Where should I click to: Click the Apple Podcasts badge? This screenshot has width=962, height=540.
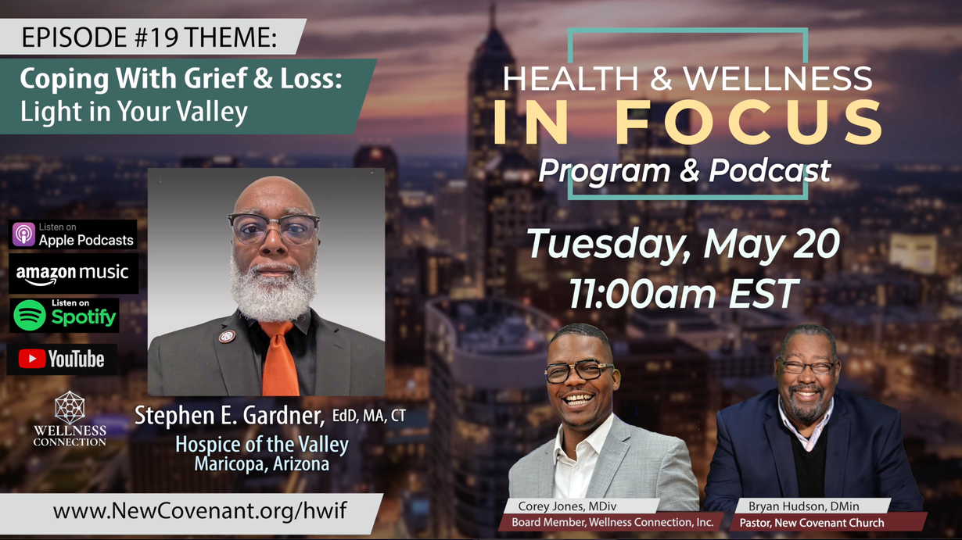[x=73, y=234]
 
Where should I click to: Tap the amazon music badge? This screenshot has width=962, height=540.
[x=74, y=274]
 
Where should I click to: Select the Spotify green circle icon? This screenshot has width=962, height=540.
[x=29, y=316]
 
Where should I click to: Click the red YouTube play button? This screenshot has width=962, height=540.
[x=32, y=359]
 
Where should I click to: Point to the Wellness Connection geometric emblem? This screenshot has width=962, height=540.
[x=70, y=407]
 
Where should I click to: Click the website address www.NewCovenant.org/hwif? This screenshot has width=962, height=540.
[x=200, y=511]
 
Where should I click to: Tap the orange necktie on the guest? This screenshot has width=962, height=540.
[x=279, y=359]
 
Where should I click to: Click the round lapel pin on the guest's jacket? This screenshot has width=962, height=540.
[x=227, y=337]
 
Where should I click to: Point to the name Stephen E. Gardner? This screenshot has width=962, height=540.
[x=230, y=416]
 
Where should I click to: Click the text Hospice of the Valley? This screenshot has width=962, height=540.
[x=262, y=445]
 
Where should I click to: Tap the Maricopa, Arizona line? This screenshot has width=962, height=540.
[x=262, y=464]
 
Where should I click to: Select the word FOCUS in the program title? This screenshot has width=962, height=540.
[x=748, y=123]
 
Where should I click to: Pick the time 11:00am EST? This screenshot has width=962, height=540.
[x=684, y=294]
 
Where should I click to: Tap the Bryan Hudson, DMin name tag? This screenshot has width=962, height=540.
[x=804, y=506]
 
